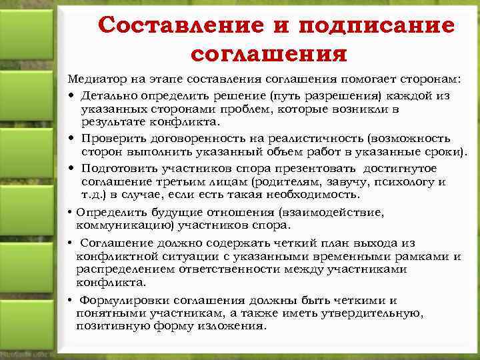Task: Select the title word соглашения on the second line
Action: pos(269,52)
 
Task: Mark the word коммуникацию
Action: pos(119,226)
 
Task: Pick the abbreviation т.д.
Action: pos(93,195)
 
